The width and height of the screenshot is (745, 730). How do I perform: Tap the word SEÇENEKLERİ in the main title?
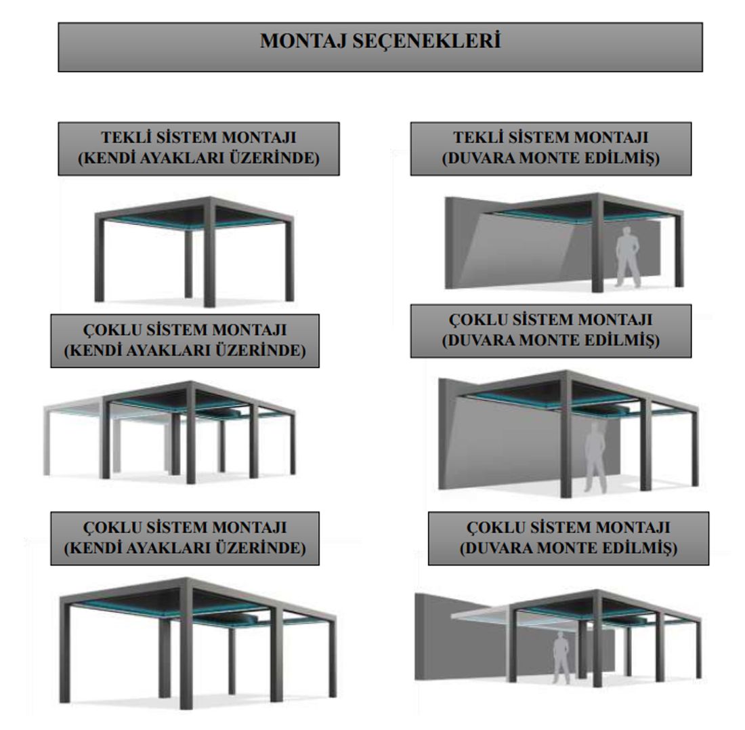427,41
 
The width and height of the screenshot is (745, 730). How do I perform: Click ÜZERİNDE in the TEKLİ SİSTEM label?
274,158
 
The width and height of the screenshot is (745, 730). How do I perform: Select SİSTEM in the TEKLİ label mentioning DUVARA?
538,137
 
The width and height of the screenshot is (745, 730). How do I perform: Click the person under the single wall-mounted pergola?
628,257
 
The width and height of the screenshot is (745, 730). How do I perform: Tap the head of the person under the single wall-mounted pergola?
628,231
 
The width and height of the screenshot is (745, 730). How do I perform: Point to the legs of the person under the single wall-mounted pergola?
628,273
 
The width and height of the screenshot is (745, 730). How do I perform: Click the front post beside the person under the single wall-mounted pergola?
597,245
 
